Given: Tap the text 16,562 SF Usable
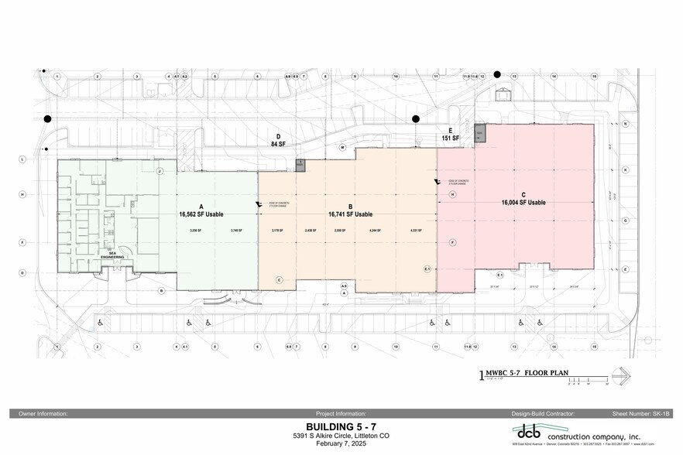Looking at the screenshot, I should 201,214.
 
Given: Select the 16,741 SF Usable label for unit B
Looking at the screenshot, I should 350,214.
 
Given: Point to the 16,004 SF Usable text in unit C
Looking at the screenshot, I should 523,202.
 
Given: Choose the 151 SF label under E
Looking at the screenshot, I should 451,139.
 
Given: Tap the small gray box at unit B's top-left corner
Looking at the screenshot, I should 300,165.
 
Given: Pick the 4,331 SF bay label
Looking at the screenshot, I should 415,231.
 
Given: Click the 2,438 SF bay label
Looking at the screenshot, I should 311,231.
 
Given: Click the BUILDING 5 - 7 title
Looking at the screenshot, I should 341,426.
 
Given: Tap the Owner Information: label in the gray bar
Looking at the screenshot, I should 43,414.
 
